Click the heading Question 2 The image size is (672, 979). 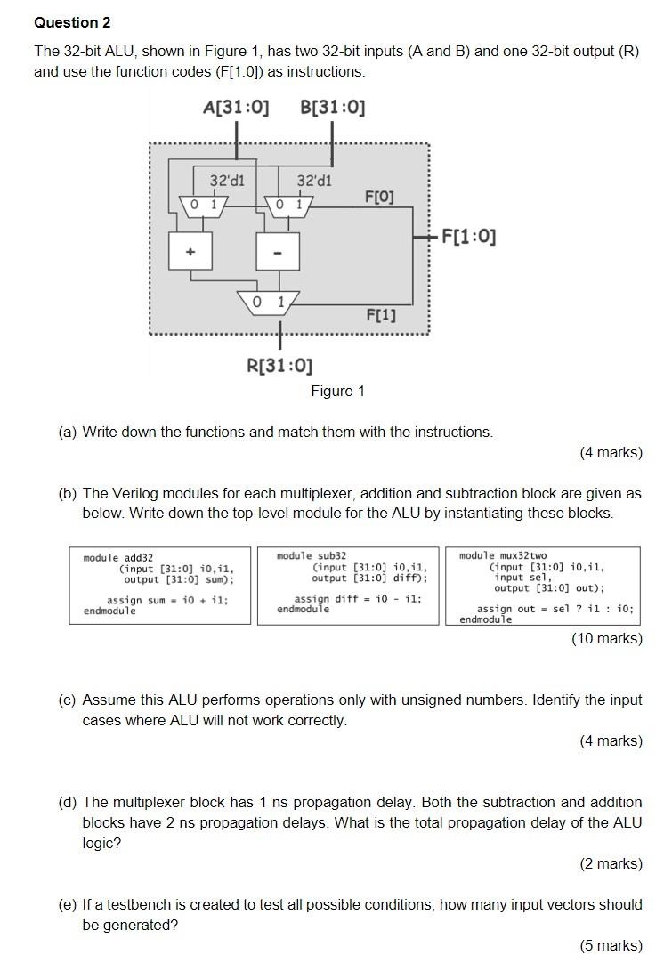(72, 22)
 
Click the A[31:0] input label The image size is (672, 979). (236, 108)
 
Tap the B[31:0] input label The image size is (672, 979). (333, 108)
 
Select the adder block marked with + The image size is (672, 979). (190, 252)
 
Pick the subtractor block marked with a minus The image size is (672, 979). (278, 252)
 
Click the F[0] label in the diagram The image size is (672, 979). (379, 196)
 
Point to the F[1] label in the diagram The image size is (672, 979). (381, 315)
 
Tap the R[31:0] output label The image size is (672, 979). (279, 366)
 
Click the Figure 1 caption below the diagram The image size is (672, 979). (337, 392)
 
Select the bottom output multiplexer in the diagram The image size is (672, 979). (269, 303)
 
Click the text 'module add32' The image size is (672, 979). (117, 558)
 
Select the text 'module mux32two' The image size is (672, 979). (503, 555)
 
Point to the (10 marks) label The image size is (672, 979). (607, 638)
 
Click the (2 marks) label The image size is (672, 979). (611, 863)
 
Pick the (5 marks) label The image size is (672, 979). (611, 945)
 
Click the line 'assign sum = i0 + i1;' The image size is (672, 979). (167, 600)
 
